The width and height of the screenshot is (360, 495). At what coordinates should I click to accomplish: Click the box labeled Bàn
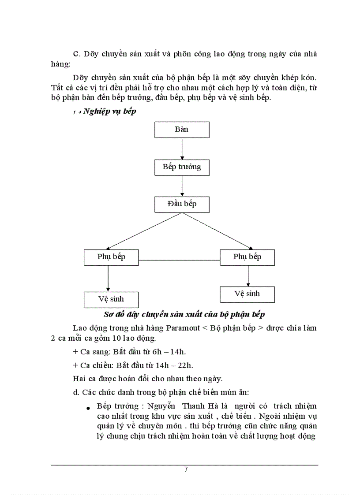(x=182, y=130)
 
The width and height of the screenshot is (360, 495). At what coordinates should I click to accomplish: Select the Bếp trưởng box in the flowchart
(x=182, y=167)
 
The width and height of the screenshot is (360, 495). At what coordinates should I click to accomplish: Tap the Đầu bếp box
(x=182, y=204)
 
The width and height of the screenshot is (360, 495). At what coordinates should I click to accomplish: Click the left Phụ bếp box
(x=111, y=257)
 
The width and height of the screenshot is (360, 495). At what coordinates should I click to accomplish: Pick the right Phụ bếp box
(x=247, y=257)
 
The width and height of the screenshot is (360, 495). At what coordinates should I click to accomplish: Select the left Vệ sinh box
(x=111, y=299)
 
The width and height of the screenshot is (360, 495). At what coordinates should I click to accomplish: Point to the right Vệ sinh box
(x=247, y=294)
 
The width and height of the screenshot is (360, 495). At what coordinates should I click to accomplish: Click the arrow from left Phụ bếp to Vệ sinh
(x=108, y=278)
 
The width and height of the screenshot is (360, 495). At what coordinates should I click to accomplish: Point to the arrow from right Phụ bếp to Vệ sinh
(x=248, y=276)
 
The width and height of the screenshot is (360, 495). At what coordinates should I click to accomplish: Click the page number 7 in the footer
(x=186, y=469)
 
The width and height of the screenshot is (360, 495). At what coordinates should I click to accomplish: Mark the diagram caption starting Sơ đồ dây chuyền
(x=184, y=314)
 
